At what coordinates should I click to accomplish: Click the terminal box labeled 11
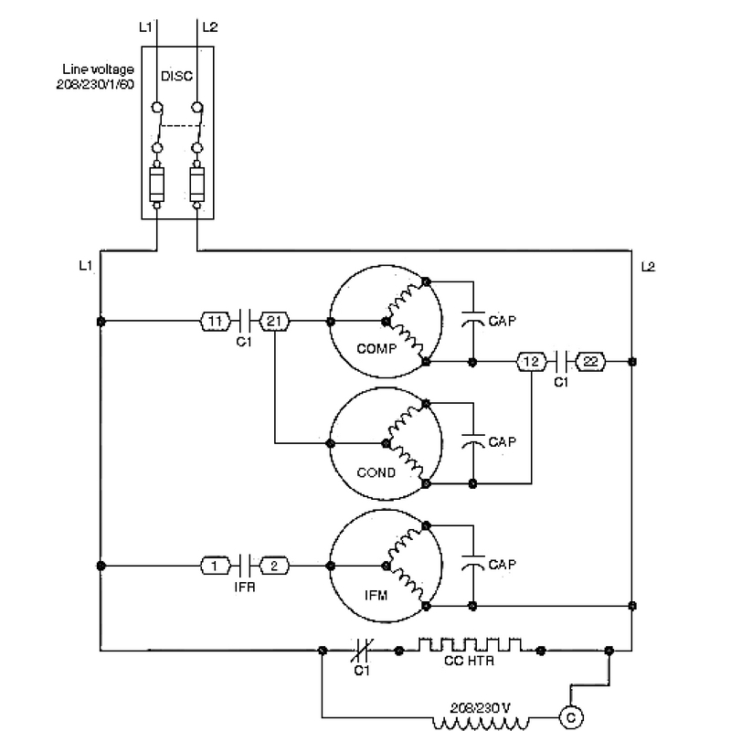pyautogui.click(x=215, y=322)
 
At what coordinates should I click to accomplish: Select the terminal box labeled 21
pyautogui.click(x=274, y=322)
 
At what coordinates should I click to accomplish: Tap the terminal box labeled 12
pyautogui.click(x=532, y=361)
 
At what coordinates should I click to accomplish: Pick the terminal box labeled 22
pyautogui.click(x=590, y=361)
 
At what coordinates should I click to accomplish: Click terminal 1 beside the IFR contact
pyautogui.click(x=215, y=566)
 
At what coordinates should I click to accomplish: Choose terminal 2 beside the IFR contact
pyautogui.click(x=274, y=566)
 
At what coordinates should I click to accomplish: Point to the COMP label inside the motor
pyautogui.click(x=376, y=349)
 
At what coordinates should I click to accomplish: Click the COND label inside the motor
pyautogui.click(x=376, y=472)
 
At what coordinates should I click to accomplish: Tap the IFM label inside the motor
pyautogui.click(x=376, y=596)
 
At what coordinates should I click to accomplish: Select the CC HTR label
pyautogui.click(x=469, y=661)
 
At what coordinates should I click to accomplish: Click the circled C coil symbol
pyautogui.click(x=571, y=717)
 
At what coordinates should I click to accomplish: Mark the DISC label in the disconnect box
pyautogui.click(x=176, y=76)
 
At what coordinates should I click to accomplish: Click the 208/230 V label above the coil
pyautogui.click(x=481, y=709)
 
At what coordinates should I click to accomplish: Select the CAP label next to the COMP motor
pyautogui.click(x=503, y=321)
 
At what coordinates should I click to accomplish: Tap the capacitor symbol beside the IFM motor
pyautogui.click(x=473, y=561)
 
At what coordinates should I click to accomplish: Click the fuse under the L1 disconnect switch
pyautogui.click(x=156, y=185)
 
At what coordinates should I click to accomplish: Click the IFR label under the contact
pyautogui.click(x=245, y=587)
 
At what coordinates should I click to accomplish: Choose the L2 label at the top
pyautogui.click(x=210, y=27)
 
